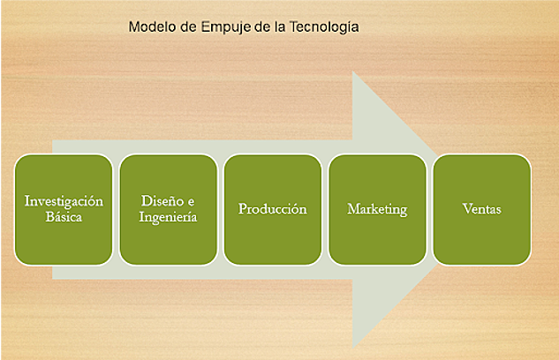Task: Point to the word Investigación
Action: [x=64, y=202]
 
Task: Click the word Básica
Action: [x=64, y=217]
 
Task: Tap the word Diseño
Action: [x=158, y=202]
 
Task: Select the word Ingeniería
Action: [x=168, y=217]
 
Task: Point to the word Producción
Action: [x=272, y=210]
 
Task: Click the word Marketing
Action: [x=377, y=210]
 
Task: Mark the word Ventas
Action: [x=481, y=210]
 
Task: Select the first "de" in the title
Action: [x=188, y=26]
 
